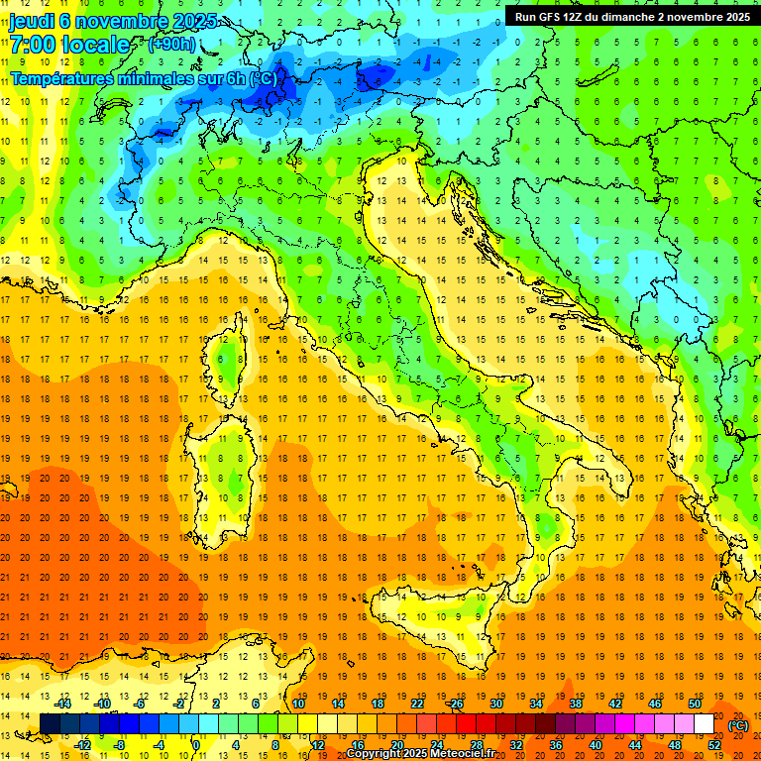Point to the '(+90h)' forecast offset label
[171, 45]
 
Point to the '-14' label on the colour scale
[64, 704]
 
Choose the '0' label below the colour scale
[196, 745]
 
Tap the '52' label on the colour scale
[713, 745]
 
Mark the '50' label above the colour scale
[694, 704]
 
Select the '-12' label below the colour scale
[83, 745]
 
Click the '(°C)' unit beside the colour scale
[737, 725]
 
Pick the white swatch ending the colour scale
[704, 724]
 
